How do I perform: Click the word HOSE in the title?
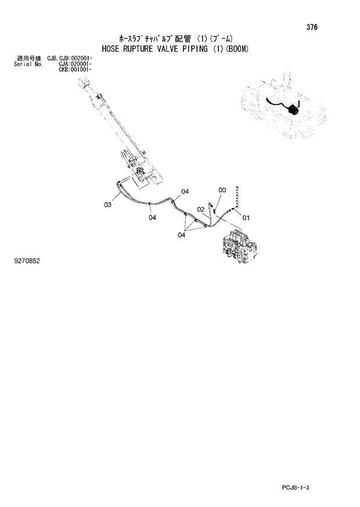[112, 49]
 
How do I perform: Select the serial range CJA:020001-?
[61, 64]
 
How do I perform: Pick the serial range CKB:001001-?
[61, 70]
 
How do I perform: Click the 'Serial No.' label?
[26, 64]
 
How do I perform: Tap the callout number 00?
[222, 190]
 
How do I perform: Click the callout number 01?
[246, 218]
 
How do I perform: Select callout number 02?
[200, 209]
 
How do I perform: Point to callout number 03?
[108, 204]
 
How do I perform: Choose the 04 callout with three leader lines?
[182, 235]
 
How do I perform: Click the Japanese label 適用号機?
[28, 59]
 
